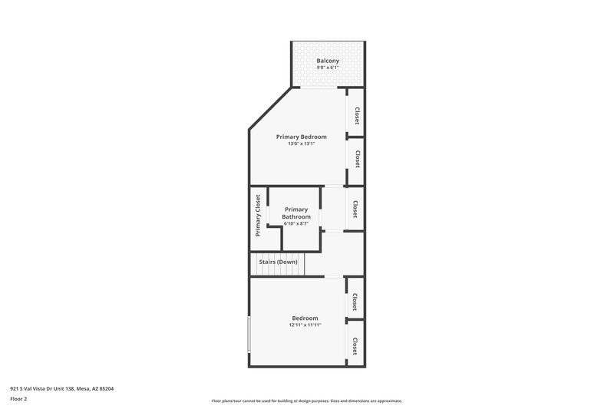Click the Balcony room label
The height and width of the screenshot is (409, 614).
pos(328,61)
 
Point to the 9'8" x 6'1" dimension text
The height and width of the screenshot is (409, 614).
pos(328,68)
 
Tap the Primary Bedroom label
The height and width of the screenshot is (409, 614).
pos(302,137)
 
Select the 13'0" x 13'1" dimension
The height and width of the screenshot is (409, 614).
pos(302,144)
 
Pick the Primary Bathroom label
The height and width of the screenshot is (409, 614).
pos(296,213)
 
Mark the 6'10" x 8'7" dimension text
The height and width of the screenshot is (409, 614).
pos(296,224)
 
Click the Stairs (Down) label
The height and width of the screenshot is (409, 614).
pos(278,262)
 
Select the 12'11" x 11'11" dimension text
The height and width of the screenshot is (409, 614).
pos(305,325)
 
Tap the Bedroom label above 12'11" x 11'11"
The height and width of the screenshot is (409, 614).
pos(305,318)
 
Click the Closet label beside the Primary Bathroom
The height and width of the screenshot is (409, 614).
pos(355,209)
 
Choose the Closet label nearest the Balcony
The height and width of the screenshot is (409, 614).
pos(357,116)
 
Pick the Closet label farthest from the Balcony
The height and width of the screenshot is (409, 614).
pos(355,347)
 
